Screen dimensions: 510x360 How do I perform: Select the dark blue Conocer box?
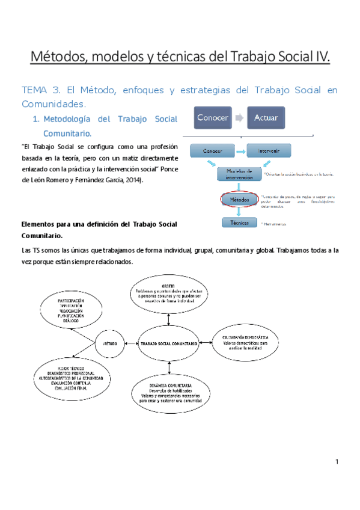[x=212, y=118]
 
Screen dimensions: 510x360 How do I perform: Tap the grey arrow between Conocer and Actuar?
[x=238, y=118]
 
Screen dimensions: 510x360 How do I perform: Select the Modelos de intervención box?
[x=239, y=174]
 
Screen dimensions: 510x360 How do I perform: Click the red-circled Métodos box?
[x=239, y=198]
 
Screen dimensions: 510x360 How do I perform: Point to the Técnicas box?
[x=239, y=223]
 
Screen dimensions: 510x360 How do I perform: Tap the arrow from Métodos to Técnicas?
[x=239, y=211]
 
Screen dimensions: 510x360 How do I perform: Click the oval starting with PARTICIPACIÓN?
[x=70, y=310]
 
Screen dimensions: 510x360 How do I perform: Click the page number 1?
[x=338, y=461]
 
